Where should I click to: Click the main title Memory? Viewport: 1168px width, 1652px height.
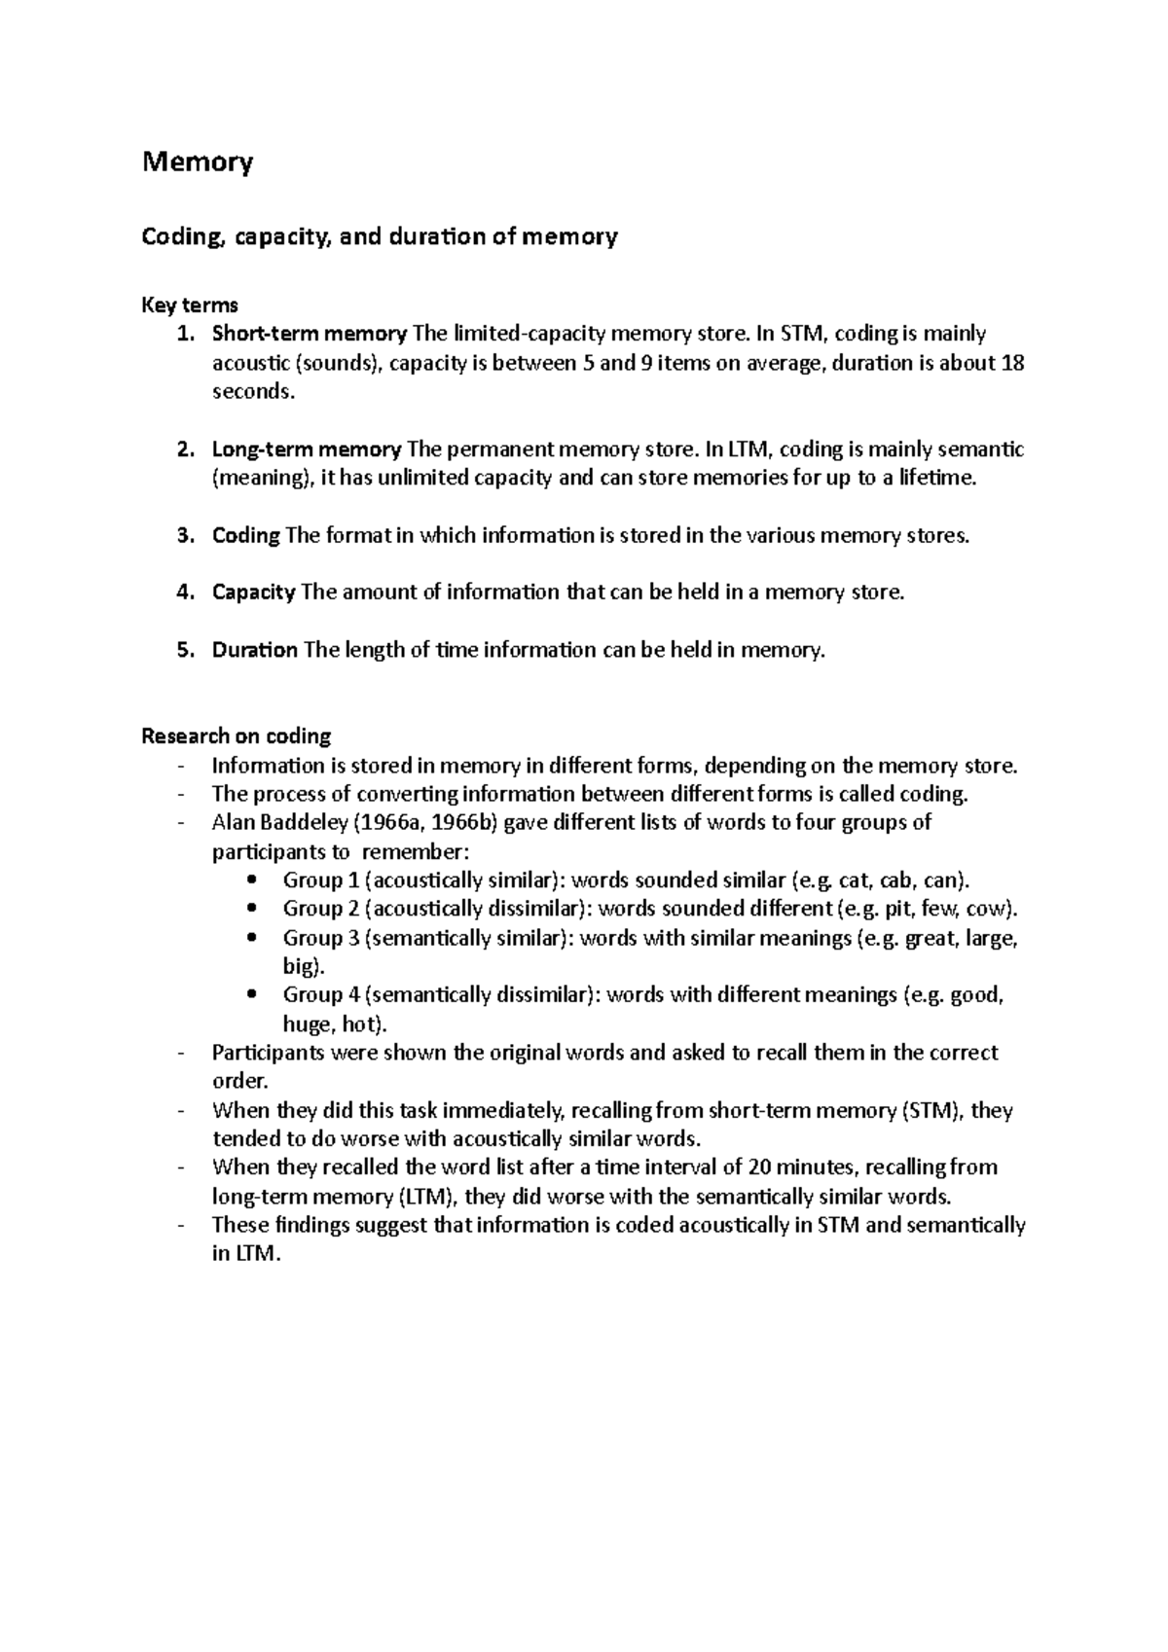(x=198, y=162)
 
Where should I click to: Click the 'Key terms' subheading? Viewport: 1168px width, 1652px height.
(x=190, y=305)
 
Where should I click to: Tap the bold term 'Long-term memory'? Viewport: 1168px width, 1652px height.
(x=307, y=449)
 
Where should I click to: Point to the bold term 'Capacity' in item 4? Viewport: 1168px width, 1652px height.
(x=253, y=593)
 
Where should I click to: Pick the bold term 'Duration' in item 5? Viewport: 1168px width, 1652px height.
(x=254, y=650)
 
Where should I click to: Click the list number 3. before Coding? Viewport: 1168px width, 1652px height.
(x=187, y=536)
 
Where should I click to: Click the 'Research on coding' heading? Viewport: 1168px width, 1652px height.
(x=237, y=736)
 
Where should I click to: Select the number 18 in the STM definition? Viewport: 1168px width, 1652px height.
(x=1012, y=364)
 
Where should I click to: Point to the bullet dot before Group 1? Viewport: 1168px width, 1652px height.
(x=253, y=880)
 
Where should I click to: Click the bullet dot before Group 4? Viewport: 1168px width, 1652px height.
(x=253, y=995)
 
